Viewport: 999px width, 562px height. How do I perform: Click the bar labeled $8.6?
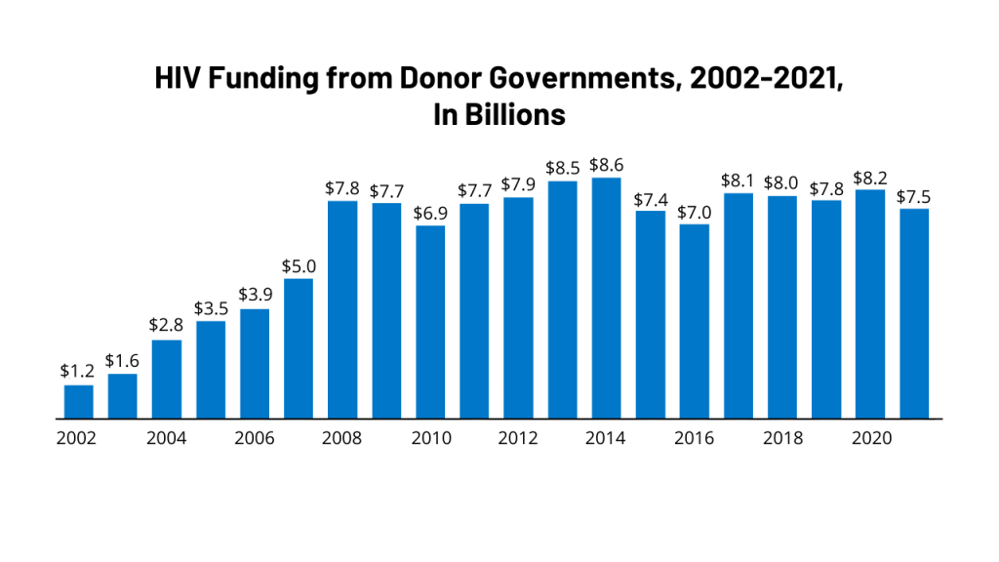606,298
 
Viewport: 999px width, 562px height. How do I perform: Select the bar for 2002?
79,402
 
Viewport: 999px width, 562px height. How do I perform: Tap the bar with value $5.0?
299,348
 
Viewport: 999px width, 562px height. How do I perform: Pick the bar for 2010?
430,322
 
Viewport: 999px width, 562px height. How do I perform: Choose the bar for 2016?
695,321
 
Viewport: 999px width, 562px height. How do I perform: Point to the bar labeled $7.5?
914,313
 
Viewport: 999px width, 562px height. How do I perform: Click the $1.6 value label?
123,362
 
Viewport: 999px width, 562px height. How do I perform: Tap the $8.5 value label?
562,168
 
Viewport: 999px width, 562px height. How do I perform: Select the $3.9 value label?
255,296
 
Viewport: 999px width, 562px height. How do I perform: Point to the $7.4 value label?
651,199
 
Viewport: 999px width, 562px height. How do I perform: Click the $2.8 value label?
167,326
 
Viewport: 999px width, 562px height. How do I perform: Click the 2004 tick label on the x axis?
167,438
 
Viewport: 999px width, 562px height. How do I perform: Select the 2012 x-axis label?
518,438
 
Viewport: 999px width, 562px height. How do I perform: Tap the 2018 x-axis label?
782,438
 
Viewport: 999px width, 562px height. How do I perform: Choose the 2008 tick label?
342,438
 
